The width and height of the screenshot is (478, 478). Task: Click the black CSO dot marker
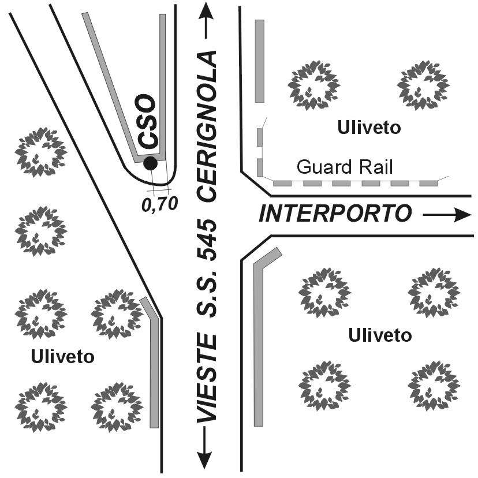coord(150,163)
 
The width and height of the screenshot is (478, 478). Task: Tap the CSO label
coord(148,122)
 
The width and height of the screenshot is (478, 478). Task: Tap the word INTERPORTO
coord(335,214)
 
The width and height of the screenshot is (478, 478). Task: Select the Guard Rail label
coord(344,167)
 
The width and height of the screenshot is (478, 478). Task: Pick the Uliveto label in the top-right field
coord(369,127)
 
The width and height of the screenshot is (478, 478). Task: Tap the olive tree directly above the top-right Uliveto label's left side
coord(314,85)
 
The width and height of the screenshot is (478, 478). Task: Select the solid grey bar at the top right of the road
coord(260,61)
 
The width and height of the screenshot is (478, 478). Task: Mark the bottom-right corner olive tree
coord(434,386)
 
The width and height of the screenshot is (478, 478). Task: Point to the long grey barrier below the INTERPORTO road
coord(259,341)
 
